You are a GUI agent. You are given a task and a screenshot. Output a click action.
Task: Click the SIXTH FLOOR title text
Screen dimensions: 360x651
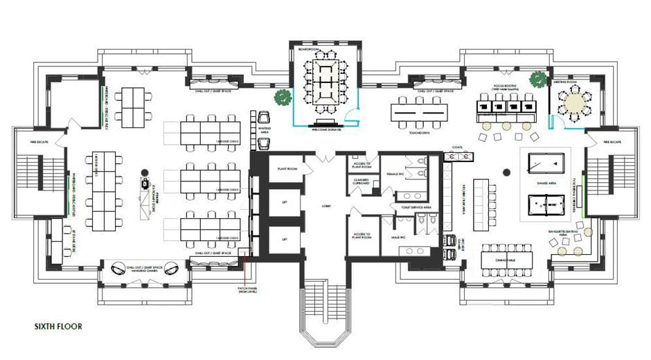tap(59, 325)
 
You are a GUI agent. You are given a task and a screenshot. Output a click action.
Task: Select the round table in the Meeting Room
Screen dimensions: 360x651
tap(573, 104)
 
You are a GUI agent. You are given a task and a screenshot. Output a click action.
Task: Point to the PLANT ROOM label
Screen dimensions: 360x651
tap(287, 168)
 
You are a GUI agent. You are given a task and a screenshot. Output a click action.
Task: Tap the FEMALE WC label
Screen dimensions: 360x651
tap(395, 166)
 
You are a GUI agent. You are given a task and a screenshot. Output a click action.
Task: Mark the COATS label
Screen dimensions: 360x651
tap(457, 147)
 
